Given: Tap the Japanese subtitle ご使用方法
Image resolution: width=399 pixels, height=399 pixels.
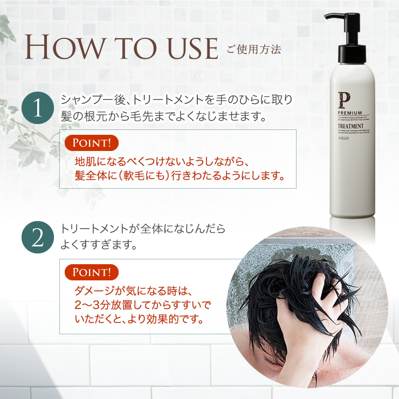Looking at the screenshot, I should click(x=254, y=50).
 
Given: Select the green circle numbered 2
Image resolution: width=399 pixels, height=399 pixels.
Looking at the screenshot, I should click(x=38, y=238).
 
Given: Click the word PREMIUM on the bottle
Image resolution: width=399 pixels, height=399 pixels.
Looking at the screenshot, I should click(x=350, y=112).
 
